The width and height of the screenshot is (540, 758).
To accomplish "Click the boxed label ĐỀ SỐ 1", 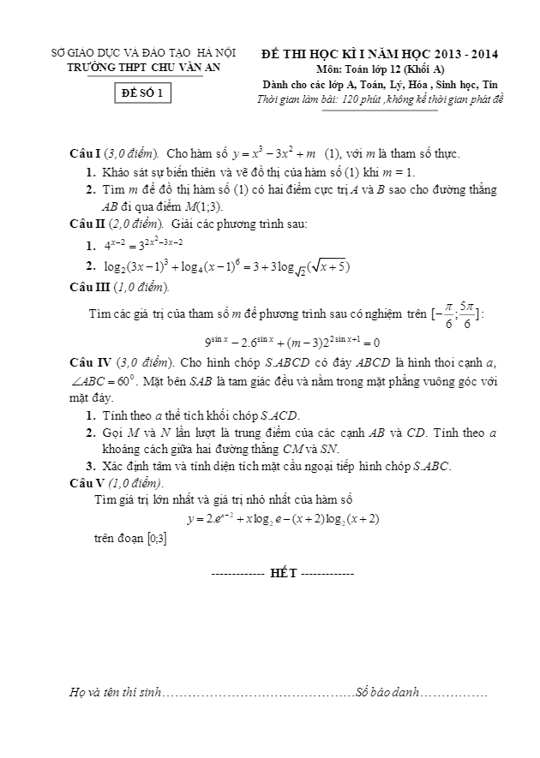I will click(144, 95).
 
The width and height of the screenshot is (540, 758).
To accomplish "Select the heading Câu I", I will click(85, 154).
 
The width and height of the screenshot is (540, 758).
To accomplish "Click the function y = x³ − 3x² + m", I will click(271, 153).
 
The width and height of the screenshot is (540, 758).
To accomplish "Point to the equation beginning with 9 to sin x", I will click(292, 341).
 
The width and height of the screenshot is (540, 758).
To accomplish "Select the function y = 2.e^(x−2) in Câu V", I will click(283, 518).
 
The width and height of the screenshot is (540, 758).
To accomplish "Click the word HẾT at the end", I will click(283, 573).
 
